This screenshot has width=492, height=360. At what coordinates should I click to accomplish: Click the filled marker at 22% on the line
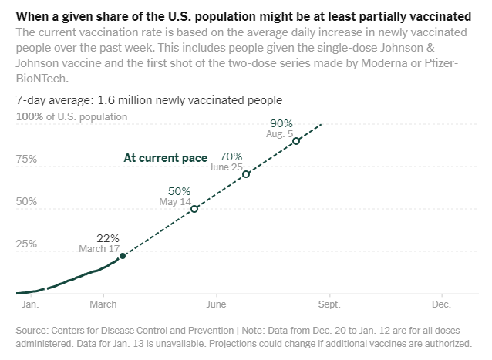[122, 255]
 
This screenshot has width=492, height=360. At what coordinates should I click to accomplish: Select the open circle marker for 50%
[194, 209]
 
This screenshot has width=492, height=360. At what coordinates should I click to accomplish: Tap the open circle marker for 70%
[246, 174]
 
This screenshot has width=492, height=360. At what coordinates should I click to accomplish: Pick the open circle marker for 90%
[296, 140]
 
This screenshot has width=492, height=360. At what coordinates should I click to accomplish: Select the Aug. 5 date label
[280, 133]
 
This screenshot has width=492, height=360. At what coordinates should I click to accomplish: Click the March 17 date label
[99, 248]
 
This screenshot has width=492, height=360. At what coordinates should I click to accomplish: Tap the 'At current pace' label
[166, 158]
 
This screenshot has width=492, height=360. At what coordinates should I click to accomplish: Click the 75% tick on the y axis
[27, 159]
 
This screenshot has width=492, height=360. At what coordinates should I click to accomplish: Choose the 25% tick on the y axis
[27, 244]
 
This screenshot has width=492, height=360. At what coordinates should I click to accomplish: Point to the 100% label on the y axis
[29, 116]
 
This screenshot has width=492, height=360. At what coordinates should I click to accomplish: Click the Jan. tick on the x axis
[30, 304]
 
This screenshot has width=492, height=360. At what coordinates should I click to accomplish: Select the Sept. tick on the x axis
[329, 304]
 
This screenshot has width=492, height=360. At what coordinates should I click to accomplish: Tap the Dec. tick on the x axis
[441, 304]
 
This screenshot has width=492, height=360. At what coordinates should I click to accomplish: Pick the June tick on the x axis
[217, 304]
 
